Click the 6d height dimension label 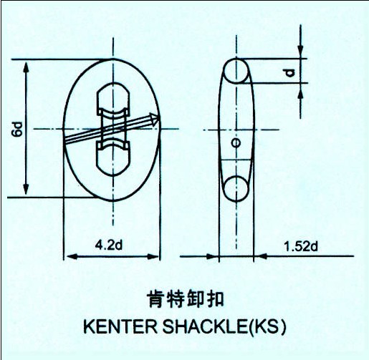[x=17, y=130]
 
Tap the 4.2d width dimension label [x=109, y=245]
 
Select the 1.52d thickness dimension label [x=301, y=246]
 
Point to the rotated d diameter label [x=289, y=73]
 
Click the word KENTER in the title [x=120, y=326]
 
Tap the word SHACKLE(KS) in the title [x=224, y=326]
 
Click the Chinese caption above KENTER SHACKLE [x=186, y=298]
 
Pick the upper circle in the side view [x=236, y=71]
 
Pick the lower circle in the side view [x=236, y=189]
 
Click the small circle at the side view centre [x=236, y=143]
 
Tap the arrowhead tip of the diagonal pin [x=159, y=117]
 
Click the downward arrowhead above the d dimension [x=301, y=58]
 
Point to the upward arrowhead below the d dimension [x=301, y=84]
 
